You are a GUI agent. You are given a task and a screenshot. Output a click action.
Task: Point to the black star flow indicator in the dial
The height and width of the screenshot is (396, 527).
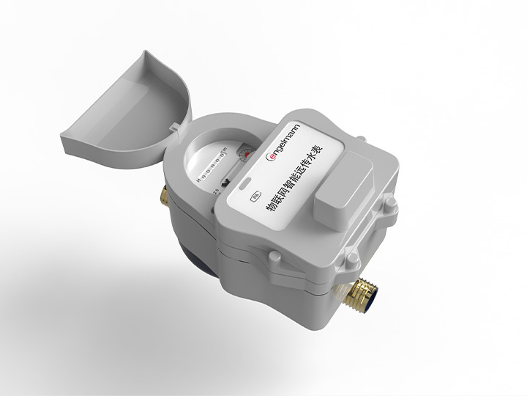(228, 181)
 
